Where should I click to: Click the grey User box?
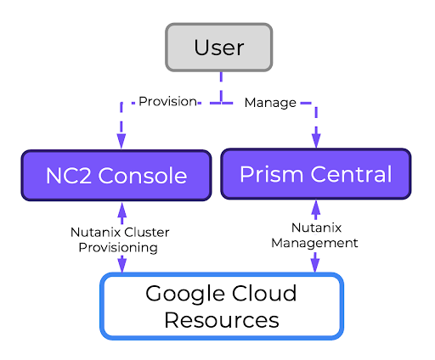(x=218, y=47)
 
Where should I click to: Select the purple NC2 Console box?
(x=116, y=176)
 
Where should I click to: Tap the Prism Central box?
(x=315, y=174)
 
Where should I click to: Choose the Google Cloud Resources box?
(x=221, y=307)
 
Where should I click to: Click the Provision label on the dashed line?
(x=167, y=102)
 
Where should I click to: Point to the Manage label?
(x=270, y=103)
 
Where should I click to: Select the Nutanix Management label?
(x=314, y=235)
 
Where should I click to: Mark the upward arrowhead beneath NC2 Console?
(x=121, y=209)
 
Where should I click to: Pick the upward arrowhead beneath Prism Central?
(x=316, y=207)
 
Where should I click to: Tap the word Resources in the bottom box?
(x=221, y=320)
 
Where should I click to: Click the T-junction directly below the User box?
(x=219, y=103)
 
